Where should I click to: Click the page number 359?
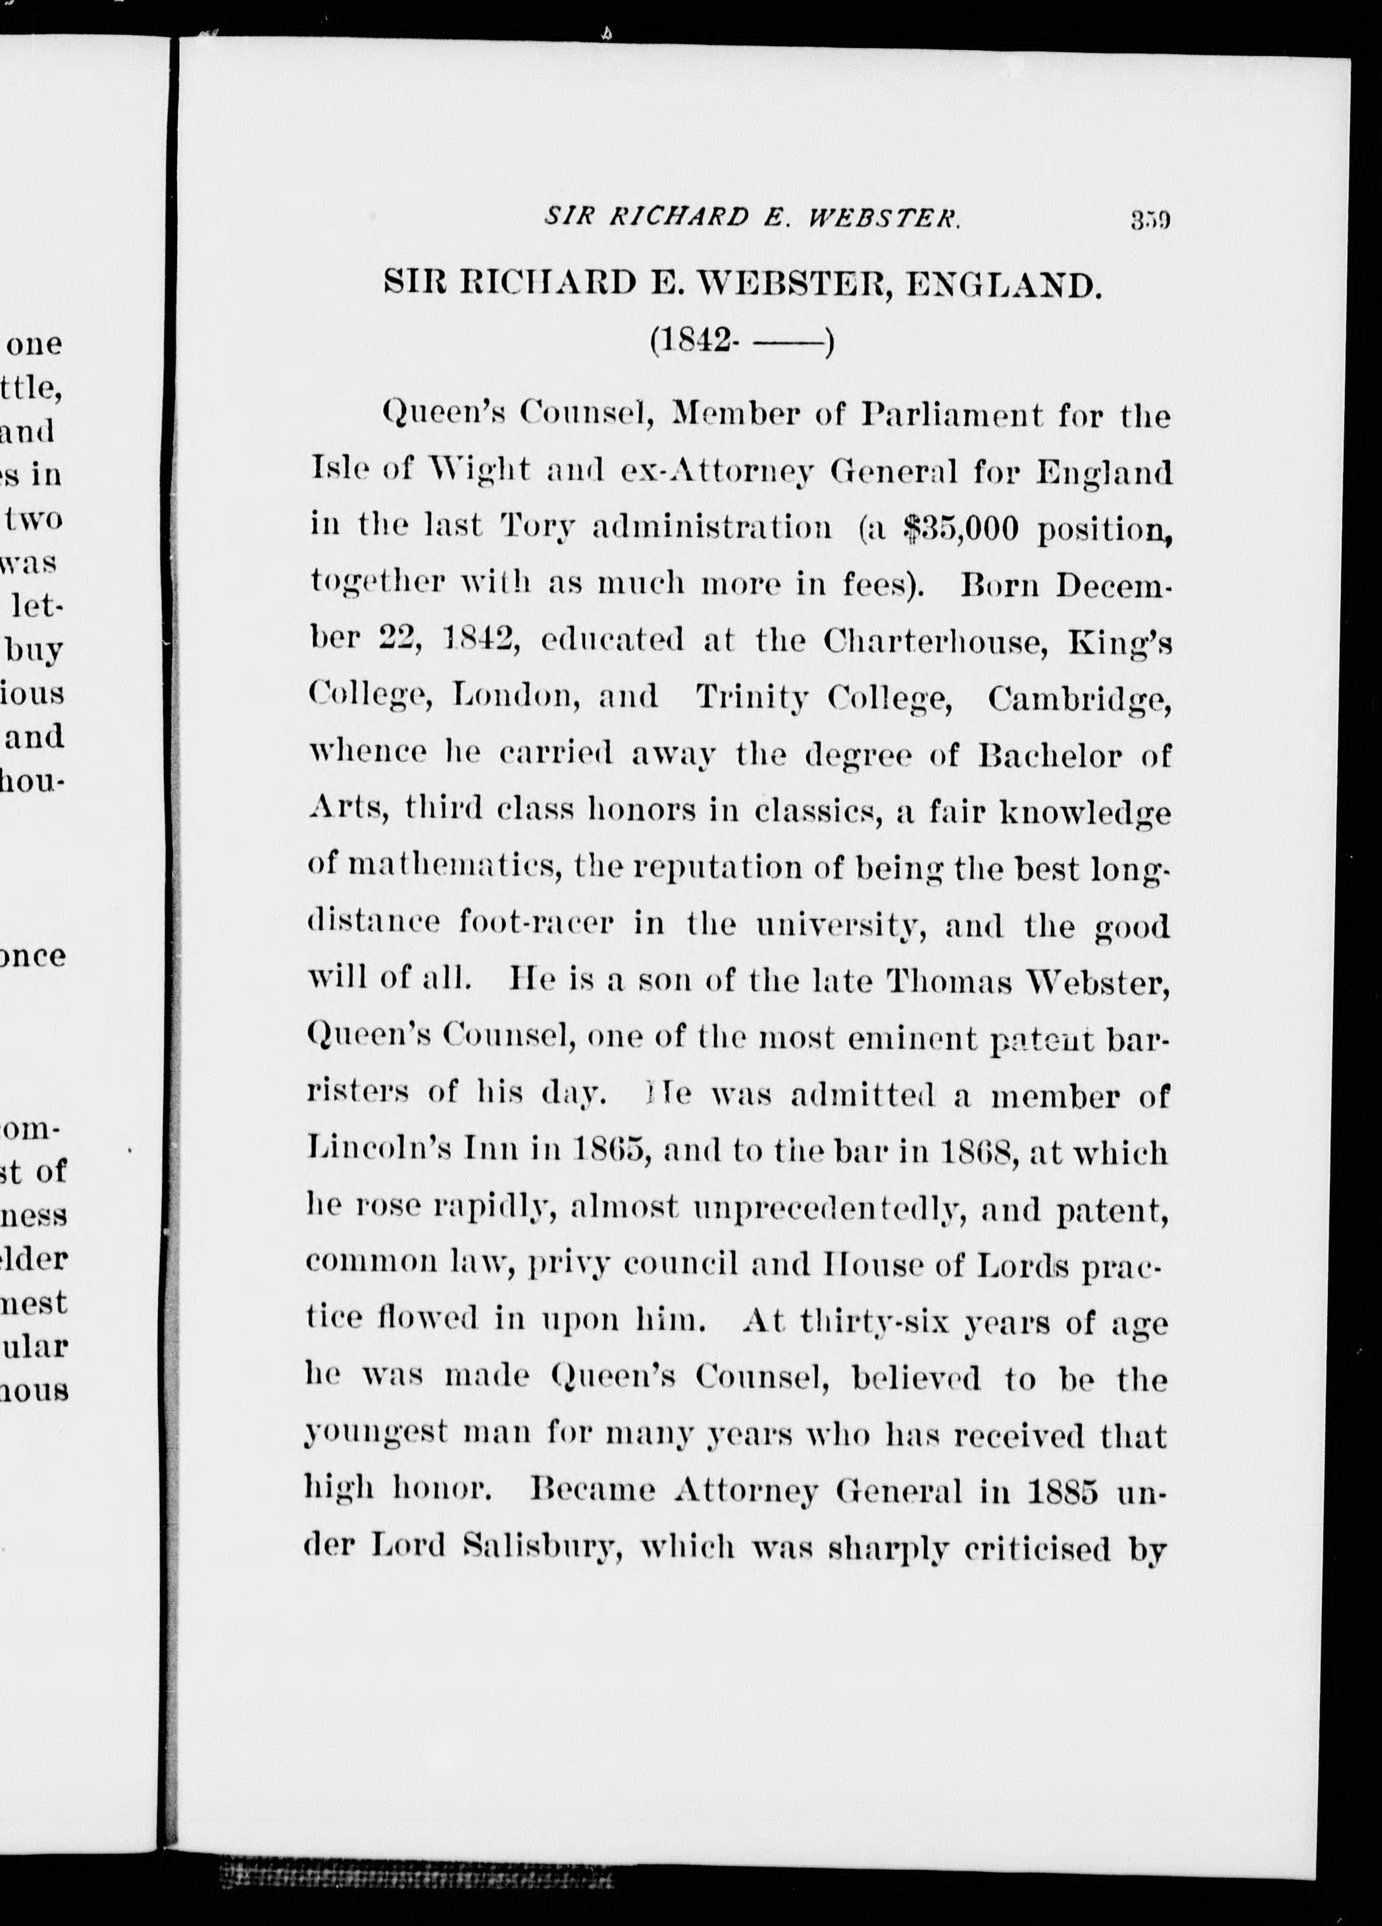(1150, 222)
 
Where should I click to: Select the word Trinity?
(752, 697)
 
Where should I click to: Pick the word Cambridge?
(1080, 697)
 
